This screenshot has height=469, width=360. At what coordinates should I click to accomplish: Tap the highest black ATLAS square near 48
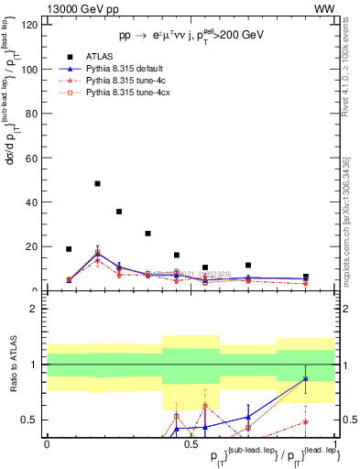click(x=97, y=183)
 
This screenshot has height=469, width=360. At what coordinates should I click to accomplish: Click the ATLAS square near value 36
click(x=119, y=212)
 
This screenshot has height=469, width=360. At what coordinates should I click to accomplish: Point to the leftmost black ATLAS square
click(x=69, y=249)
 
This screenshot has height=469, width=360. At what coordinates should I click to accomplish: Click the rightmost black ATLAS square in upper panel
click(x=306, y=276)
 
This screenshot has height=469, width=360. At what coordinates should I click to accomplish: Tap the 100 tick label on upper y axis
click(x=29, y=70)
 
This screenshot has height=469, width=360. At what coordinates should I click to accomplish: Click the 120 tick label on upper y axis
click(x=29, y=25)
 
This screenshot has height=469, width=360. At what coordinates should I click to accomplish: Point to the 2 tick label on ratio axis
click(x=36, y=309)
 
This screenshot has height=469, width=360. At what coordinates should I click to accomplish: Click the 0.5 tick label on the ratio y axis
click(x=31, y=420)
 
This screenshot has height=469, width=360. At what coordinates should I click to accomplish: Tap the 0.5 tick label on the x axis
click(x=191, y=443)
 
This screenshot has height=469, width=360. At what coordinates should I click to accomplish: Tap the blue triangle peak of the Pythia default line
click(x=97, y=254)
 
